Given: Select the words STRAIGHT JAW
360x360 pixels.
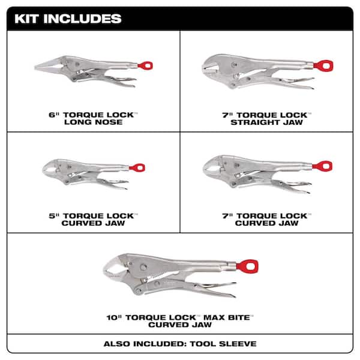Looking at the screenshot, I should (269, 122).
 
